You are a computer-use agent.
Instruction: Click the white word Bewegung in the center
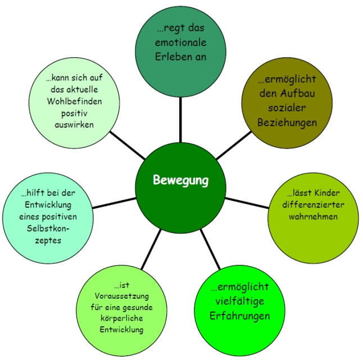pyautogui.click(x=180, y=180)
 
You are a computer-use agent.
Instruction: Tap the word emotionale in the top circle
pyautogui.click(x=180, y=42)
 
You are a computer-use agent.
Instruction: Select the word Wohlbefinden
pyautogui.click(x=74, y=101)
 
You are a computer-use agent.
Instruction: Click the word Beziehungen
pyautogui.click(x=287, y=123)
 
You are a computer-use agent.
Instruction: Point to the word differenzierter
pyautogui.click(x=313, y=205)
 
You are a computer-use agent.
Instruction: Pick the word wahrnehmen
pyautogui.click(x=313, y=217)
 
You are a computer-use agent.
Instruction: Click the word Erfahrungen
pyautogui.click(x=239, y=316)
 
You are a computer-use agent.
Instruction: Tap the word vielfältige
pyautogui.click(x=239, y=301)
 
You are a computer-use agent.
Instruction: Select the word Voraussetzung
pyautogui.click(x=122, y=296)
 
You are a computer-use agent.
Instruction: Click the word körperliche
pyautogui.click(x=122, y=318)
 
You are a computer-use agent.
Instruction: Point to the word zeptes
pyautogui.click(x=48, y=240)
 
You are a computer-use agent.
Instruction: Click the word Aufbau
pyautogui.click(x=297, y=93)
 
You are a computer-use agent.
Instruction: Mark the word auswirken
pyautogui.click(x=74, y=125)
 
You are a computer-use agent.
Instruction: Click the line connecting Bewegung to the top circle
pyautogui.click(x=180, y=120)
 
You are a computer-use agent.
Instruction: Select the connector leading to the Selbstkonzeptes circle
pyautogui.click(x=114, y=203)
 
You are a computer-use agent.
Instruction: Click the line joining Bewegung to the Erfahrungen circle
pyautogui.click(x=210, y=249)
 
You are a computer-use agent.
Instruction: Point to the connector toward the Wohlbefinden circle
pyautogui.click(x=128, y=145)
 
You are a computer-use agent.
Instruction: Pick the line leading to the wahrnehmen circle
pyautogui.click(x=247, y=203)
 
